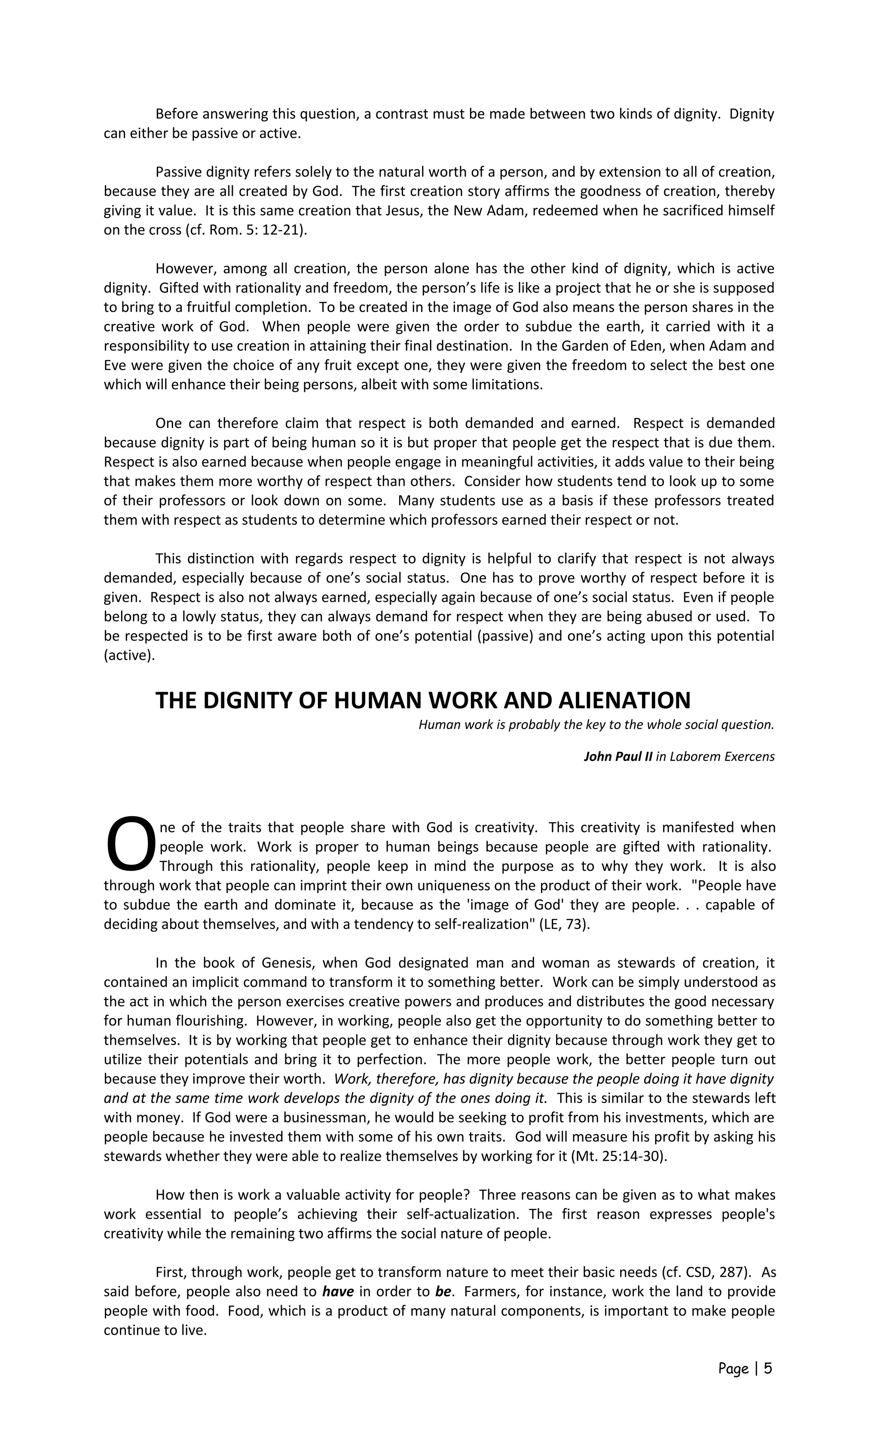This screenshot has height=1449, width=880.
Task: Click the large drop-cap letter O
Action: coord(131,842)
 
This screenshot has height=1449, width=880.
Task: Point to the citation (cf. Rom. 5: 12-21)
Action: coord(246,230)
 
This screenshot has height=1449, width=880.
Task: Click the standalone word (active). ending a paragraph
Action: coord(129,655)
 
